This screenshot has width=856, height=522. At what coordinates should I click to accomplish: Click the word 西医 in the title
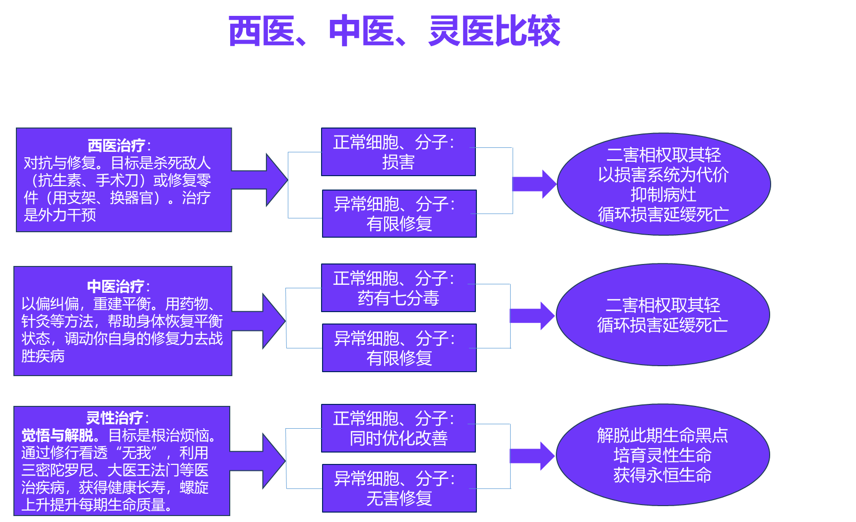click(x=261, y=31)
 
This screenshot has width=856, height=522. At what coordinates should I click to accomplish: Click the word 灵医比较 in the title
click(x=494, y=31)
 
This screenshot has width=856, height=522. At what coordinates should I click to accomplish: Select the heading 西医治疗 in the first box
click(x=117, y=146)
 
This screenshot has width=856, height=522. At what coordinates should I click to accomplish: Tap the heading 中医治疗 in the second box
click(x=116, y=286)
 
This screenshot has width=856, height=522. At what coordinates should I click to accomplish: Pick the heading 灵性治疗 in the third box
click(x=115, y=418)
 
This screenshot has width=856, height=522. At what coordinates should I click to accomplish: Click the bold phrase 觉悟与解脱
click(x=57, y=436)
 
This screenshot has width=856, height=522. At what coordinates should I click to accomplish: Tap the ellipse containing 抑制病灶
click(x=663, y=184)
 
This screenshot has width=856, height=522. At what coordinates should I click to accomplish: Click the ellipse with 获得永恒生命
click(x=662, y=455)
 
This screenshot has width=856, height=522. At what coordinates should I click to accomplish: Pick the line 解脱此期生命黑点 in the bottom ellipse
click(x=662, y=436)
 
